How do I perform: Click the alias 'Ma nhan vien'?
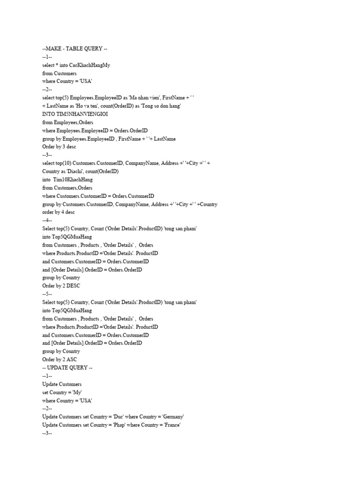pyautogui.click(x=142, y=97)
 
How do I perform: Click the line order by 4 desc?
pyautogui.click(x=58, y=212)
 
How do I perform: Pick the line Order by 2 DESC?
pyautogui.click(x=61, y=286)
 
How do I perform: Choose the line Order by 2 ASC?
pyautogui.click(x=60, y=360)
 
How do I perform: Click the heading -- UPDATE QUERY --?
pyautogui.click(x=67, y=367)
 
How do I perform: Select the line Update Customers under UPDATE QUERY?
pyautogui.click(x=61, y=384)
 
